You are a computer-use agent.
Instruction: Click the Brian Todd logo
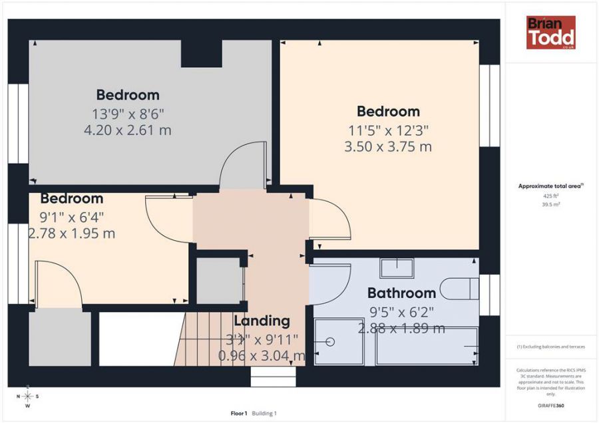[550, 33]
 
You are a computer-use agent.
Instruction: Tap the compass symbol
[27, 396]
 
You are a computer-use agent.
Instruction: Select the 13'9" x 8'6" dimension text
[128, 112]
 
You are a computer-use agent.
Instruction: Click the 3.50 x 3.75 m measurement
[388, 146]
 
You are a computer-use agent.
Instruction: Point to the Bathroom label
[401, 293]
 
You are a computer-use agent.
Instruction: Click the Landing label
[262, 321]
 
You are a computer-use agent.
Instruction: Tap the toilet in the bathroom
[463, 287]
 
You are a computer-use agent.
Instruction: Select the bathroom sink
[397, 268]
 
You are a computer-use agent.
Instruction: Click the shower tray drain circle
[330, 342]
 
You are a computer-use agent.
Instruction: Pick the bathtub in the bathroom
[427, 346]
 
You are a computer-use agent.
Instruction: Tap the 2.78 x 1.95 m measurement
[72, 233]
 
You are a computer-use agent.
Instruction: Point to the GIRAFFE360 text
[550, 405]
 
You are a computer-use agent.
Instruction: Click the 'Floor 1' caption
[238, 413]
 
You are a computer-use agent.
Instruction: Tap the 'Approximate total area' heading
[550, 186]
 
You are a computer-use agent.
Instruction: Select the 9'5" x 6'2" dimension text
[401, 311]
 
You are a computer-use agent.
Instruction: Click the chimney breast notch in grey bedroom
[202, 54]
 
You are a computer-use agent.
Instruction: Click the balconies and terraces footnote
[550, 347]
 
